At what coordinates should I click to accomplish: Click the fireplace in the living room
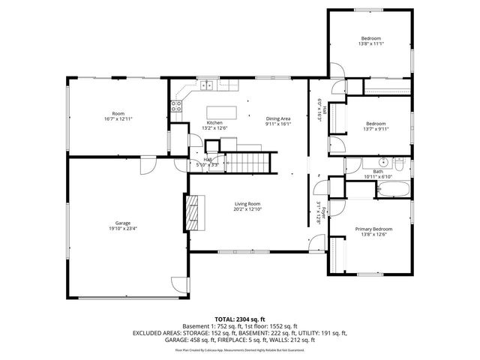[x=194, y=211]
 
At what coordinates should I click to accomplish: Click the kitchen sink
[x=207, y=86]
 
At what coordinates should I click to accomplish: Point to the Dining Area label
[x=278, y=118]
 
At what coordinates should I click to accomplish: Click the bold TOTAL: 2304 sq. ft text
[x=240, y=319]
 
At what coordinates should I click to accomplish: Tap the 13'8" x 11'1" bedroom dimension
[x=370, y=44]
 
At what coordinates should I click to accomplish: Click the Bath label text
[x=377, y=172]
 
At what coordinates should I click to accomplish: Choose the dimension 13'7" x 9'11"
[x=376, y=129]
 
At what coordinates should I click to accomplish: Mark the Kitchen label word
[x=214, y=122]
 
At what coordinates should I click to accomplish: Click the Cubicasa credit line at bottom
[x=240, y=349]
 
